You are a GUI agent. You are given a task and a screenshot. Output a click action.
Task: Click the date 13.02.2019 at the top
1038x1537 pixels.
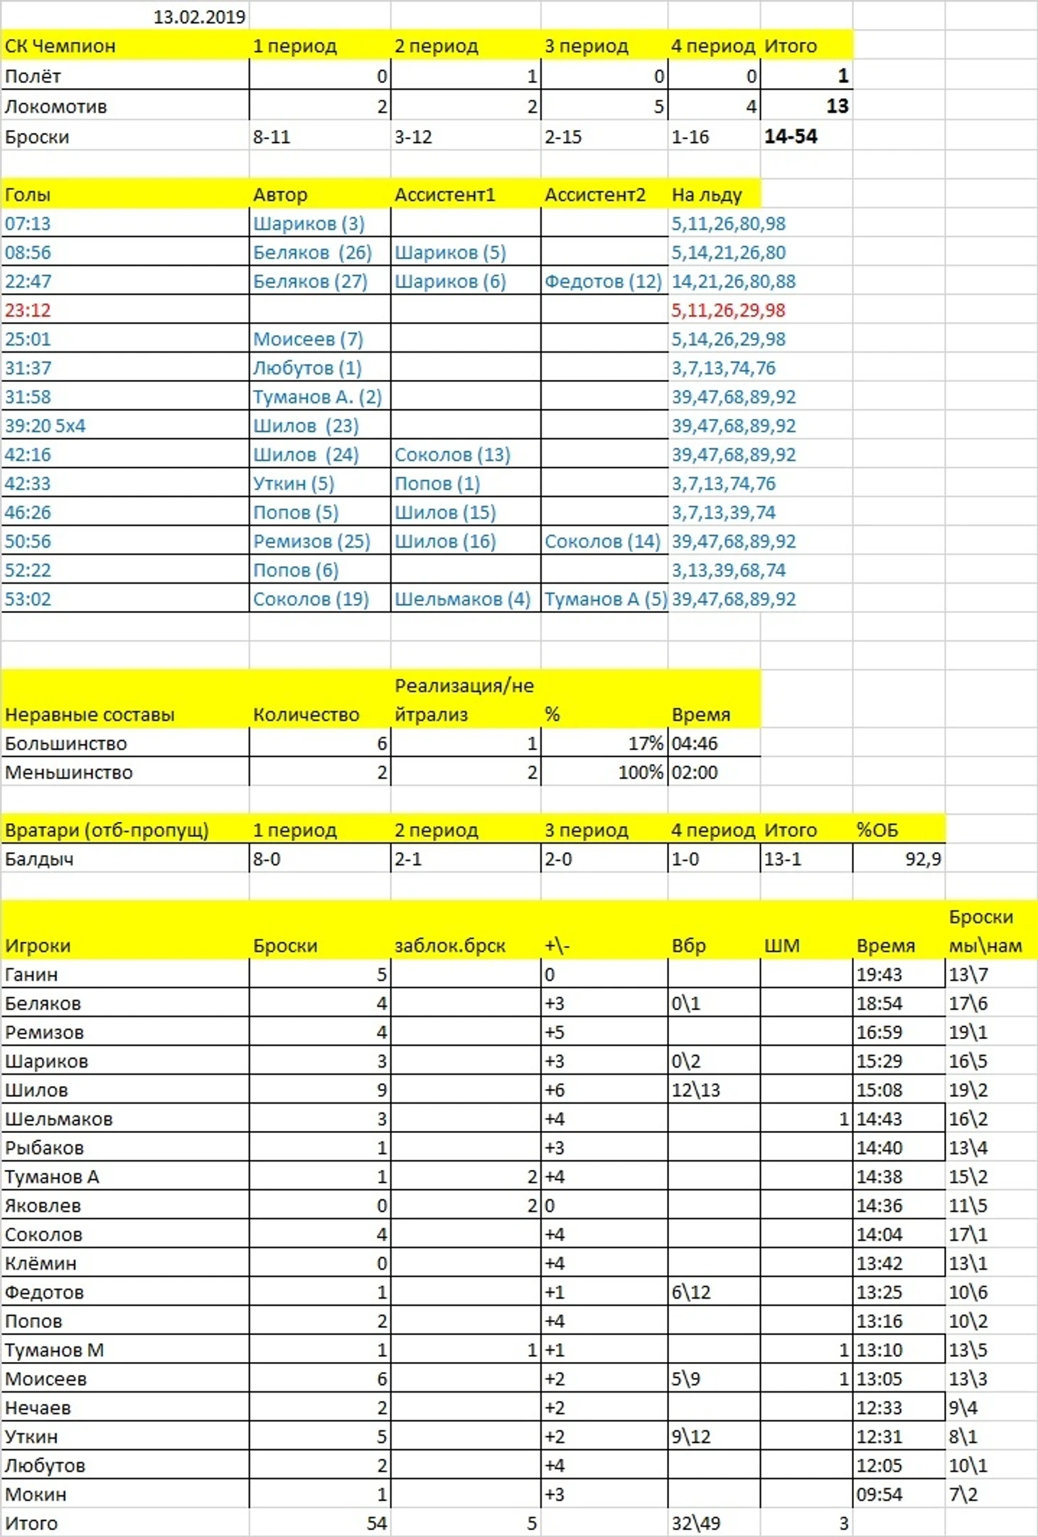199,16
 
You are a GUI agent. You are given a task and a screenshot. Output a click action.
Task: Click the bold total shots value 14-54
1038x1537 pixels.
791,137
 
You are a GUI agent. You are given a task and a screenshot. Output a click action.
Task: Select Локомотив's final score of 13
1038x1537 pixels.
837,106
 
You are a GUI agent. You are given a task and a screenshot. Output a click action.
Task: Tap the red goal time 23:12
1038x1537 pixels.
28,310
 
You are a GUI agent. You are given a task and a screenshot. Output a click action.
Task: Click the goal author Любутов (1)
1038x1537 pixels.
307,368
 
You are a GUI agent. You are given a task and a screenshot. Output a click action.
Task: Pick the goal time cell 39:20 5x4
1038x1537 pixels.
45,425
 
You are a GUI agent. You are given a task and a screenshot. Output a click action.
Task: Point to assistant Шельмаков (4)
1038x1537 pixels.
462,599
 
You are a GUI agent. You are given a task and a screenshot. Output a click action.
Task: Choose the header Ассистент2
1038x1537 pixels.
594,194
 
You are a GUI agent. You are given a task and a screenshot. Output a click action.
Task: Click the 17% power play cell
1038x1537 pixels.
645,743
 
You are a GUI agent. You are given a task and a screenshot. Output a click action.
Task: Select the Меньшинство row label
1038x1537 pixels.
68,772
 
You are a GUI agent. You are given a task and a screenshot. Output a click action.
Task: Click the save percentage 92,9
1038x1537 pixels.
923,859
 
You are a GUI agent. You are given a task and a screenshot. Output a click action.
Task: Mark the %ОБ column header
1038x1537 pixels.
877,830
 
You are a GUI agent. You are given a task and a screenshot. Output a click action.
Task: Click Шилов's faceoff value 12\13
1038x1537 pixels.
695,1090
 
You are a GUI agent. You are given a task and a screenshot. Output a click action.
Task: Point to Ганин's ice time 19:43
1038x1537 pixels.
879,974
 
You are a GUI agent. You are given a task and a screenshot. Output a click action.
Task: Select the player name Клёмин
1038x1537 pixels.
41,1263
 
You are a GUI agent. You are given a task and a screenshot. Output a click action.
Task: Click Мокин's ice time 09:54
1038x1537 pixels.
879,1494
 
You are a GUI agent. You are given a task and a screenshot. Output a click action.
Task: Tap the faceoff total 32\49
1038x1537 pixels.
695,1523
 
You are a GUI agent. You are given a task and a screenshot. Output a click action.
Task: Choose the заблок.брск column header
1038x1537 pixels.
449,945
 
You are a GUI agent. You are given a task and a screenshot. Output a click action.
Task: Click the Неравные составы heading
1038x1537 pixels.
89,714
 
